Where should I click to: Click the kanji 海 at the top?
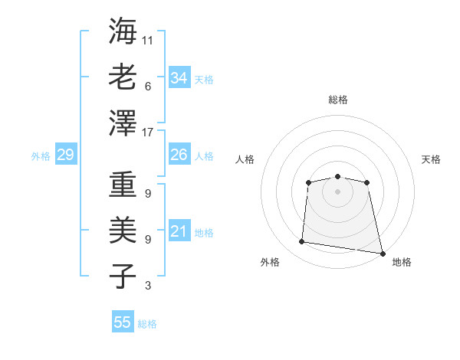[123, 32]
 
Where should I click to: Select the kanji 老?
[123, 77]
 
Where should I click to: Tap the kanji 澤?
[123, 123]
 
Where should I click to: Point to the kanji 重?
[123, 186]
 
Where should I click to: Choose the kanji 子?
[123, 276]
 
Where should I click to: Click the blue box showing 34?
[179, 77]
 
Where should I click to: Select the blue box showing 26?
[179, 155]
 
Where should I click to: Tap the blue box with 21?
[179, 231]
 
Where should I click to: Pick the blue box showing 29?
[65, 155]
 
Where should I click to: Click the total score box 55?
[123, 322]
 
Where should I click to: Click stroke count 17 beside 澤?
[148, 133]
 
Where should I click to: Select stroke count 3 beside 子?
[148, 286]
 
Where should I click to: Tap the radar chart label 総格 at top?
[337, 100]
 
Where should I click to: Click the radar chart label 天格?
[431, 159]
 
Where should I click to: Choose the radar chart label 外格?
[270, 262]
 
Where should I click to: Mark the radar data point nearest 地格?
[382, 252]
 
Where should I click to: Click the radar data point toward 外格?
[302, 242]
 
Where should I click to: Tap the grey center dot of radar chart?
[337, 191]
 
